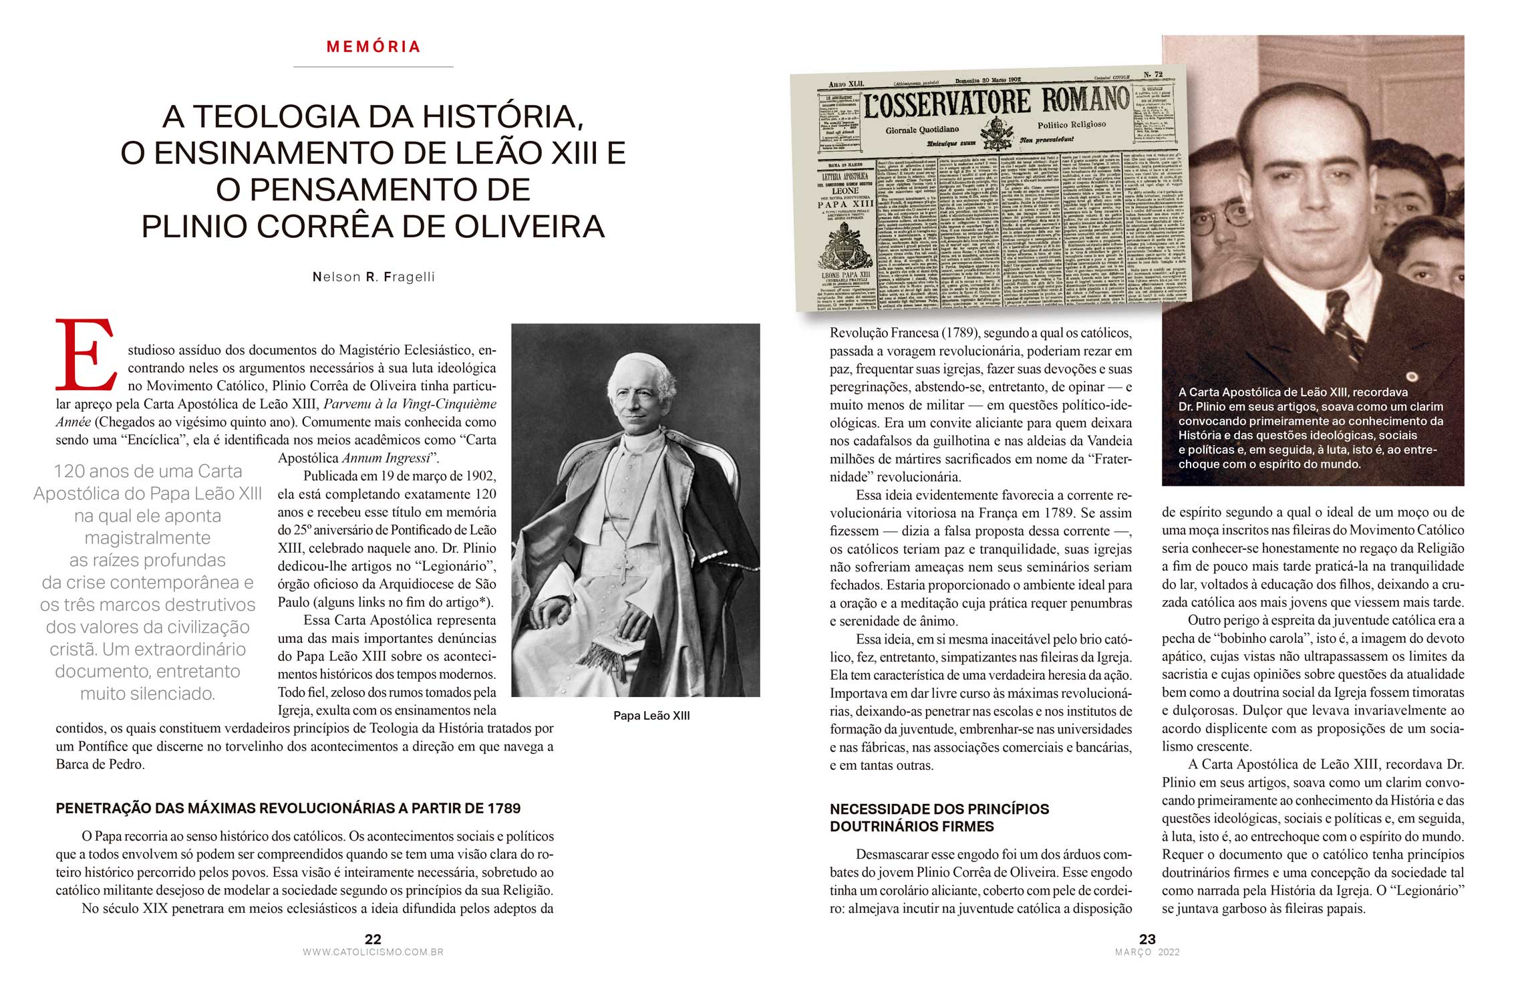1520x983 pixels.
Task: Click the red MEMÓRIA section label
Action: tap(373, 47)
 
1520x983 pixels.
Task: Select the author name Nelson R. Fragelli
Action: tap(373, 277)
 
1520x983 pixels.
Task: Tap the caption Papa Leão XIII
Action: tap(651, 716)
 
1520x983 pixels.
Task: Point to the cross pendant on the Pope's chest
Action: tap(622, 569)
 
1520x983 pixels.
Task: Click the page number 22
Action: tap(373, 940)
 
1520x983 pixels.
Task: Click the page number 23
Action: tap(1147, 940)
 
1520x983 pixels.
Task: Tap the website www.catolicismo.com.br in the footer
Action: tap(373, 952)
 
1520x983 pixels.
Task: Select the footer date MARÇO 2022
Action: tap(1147, 952)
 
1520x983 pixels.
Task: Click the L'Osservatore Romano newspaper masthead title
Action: tap(995, 104)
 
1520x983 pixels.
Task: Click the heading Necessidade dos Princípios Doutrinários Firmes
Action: tap(939, 818)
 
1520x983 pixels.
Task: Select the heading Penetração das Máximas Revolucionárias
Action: tap(288, 809)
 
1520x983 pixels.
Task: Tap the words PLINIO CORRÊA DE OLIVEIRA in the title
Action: tap(373, 227)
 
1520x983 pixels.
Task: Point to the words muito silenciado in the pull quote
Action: tap(148, 694)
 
